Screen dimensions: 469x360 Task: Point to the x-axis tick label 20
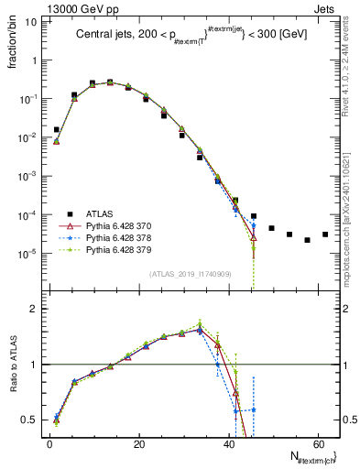(x=138, y=443)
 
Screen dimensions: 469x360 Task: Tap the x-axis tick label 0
(x=49, y=443)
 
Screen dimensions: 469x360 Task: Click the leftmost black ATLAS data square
(x=57, y=130)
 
